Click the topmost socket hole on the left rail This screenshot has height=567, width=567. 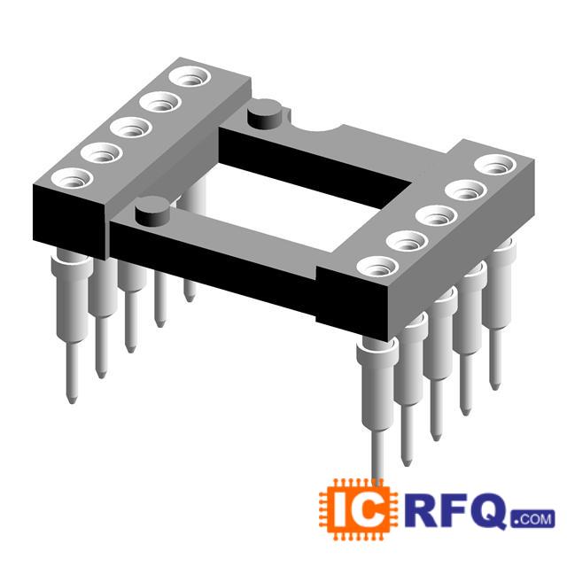coord(190,76)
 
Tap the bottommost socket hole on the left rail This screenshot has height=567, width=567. coord(73,178)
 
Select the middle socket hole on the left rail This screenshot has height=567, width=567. coord(130,128)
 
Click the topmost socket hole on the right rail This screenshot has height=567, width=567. coord(495,165)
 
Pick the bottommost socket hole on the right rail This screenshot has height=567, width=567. coord(377,267)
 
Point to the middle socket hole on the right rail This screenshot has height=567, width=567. coord(437,215)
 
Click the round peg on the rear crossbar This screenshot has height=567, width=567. coord(265,113)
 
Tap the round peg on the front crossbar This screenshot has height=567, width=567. coord(152,211)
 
